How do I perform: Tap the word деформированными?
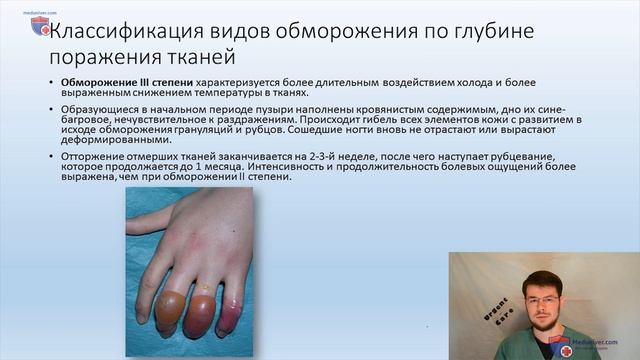click(117, 141)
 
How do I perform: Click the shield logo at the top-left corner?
click(40, 25)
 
